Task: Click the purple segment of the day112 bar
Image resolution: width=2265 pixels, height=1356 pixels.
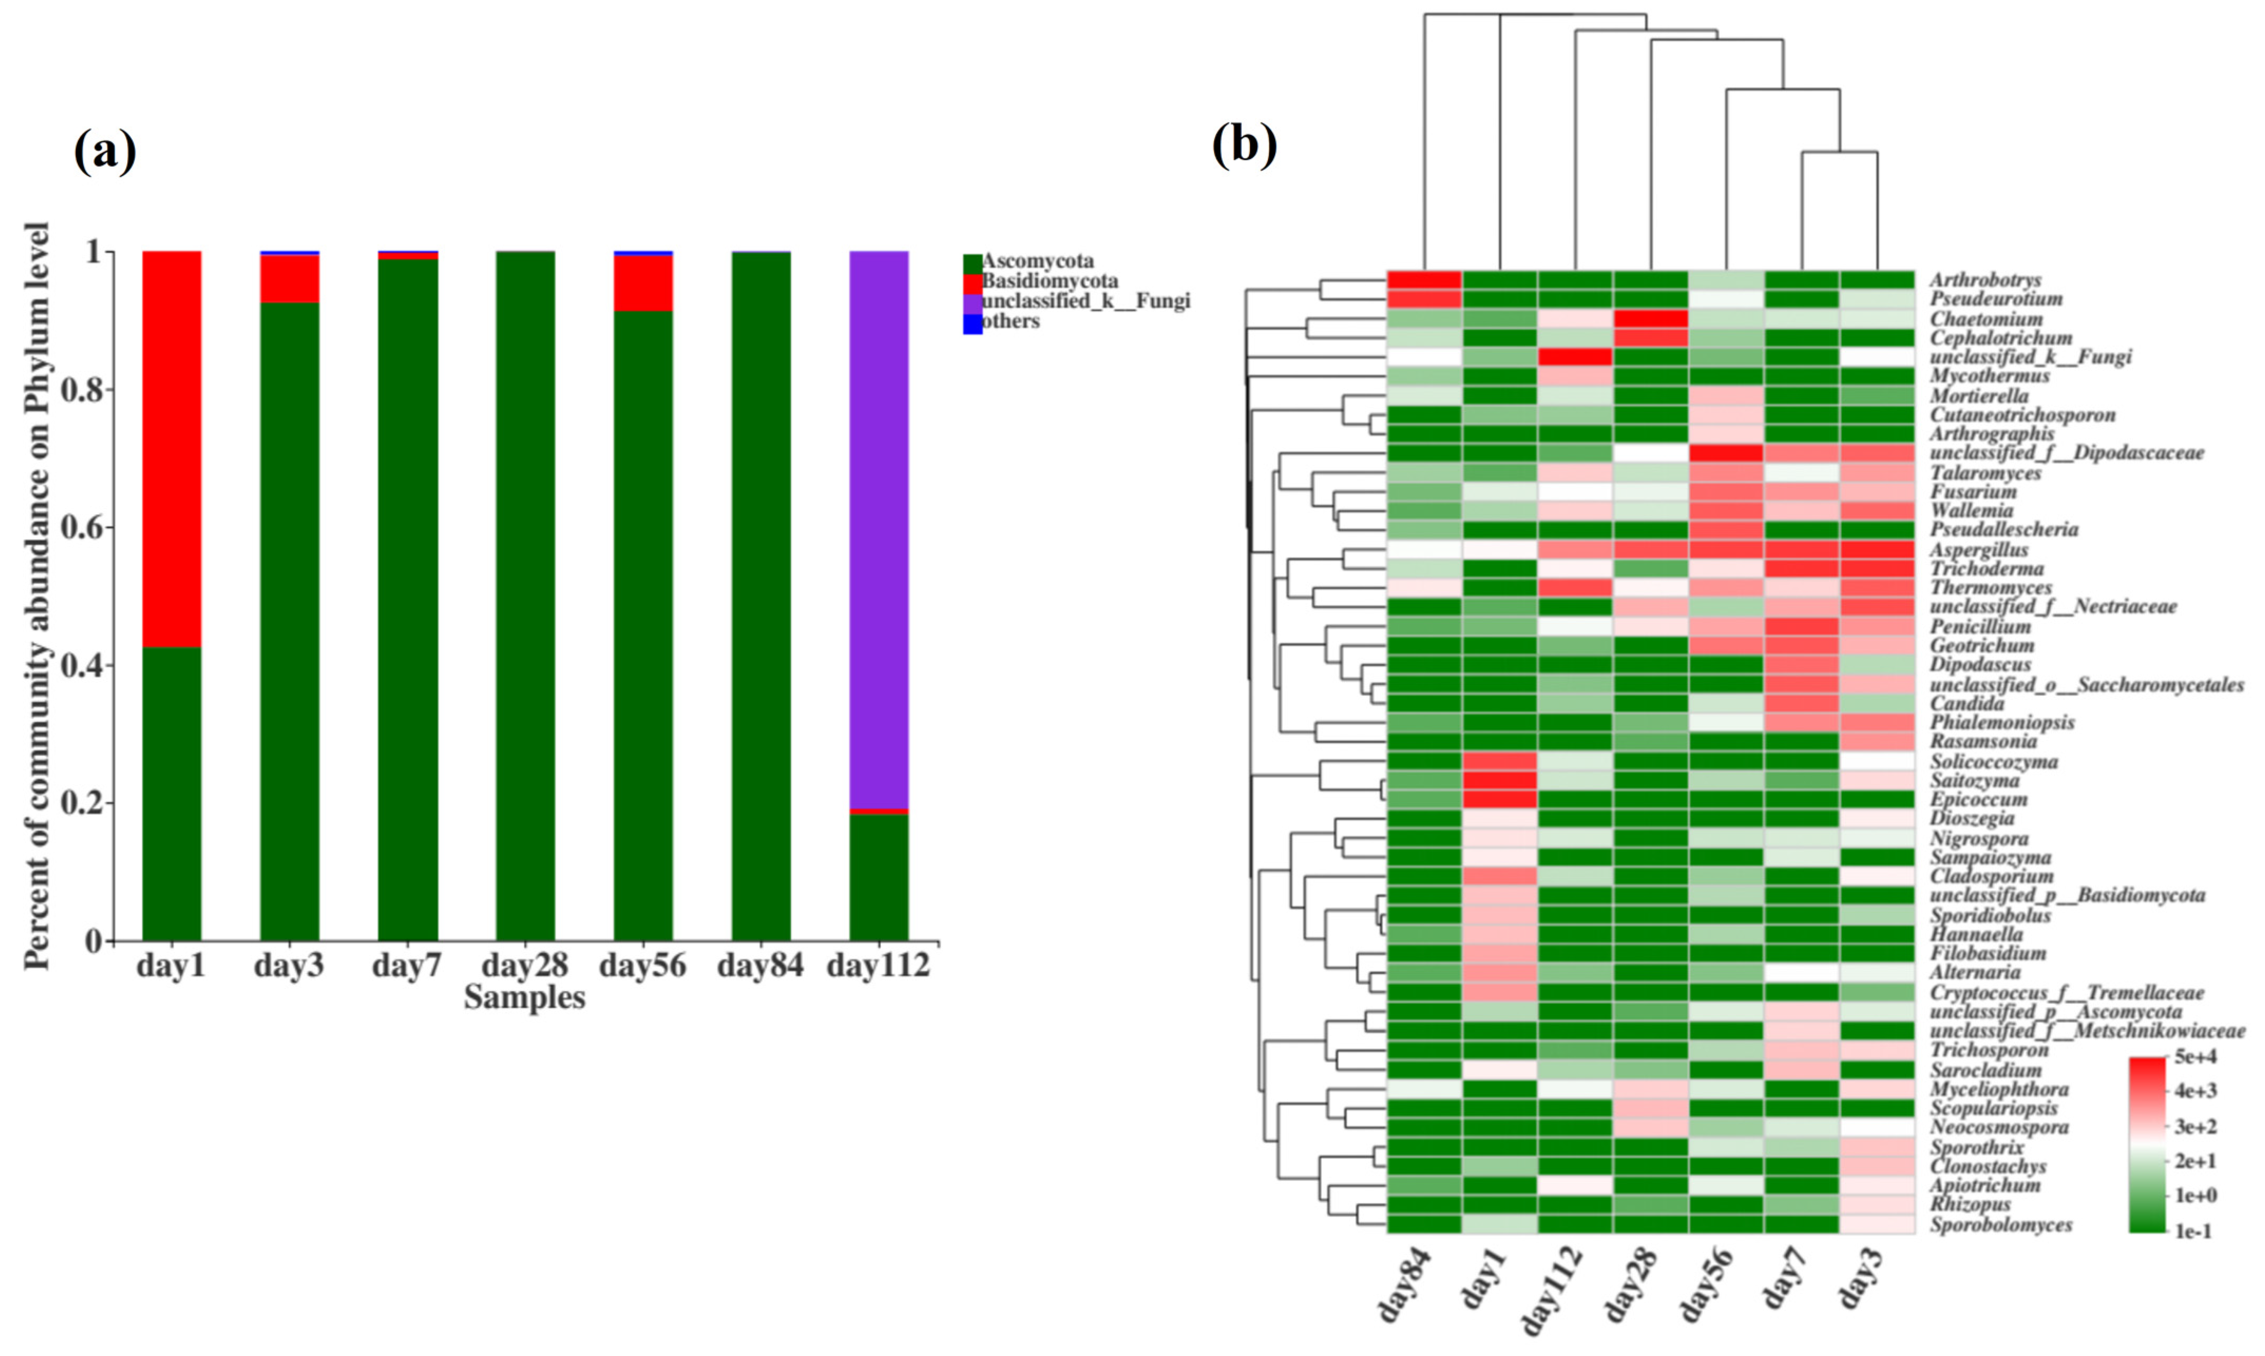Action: coord(878,530)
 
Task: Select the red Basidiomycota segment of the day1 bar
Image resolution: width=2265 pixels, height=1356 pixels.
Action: coord(172,448)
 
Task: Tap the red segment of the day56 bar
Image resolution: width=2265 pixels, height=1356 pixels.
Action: coord(643,283)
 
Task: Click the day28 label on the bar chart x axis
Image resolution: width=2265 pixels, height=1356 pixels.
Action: coord(524,966)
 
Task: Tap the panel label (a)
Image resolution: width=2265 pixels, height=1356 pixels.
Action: coord(105,151)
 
